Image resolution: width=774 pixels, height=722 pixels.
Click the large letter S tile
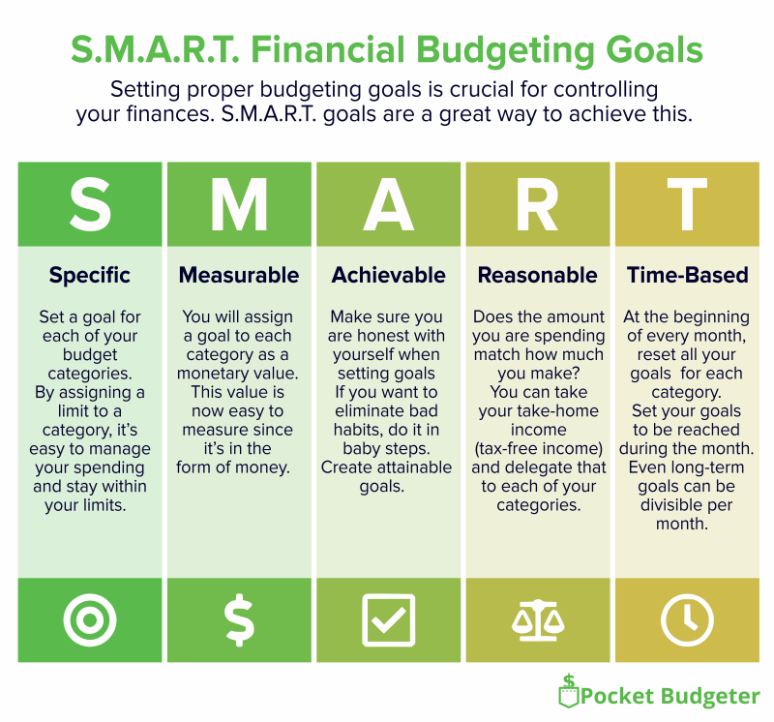click(x=91, y=205)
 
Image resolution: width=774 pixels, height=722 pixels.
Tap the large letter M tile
click(x=240, y=205)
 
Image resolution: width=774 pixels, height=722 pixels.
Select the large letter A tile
click(x=389, y=205)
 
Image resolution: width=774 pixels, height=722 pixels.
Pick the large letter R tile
click(x=538, y=205)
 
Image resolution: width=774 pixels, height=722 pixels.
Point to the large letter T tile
click(x=687, y=205)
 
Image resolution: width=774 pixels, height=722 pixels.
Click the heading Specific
click(x=90, y=275)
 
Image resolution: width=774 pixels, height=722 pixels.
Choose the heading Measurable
click(x=239, y=275)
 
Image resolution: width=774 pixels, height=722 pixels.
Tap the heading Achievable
click(x=389, y=275)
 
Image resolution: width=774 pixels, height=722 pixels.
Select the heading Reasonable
click(x=538, y=275)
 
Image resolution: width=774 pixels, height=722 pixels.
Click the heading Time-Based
click(x=687, y=275)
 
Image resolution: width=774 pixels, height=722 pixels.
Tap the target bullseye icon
click(x=90, y=618)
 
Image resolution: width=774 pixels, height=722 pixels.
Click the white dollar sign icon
click(x=240, y=619)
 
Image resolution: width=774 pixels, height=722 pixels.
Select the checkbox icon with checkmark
click(x=389, y=619)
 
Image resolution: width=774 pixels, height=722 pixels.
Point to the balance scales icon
click(x=538, y=619)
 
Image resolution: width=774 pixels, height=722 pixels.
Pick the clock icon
click(x=687, y=619)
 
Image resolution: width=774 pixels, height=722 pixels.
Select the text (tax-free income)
click(x=538, y=448)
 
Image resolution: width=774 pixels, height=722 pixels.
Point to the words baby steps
click(x=388, y=448)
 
